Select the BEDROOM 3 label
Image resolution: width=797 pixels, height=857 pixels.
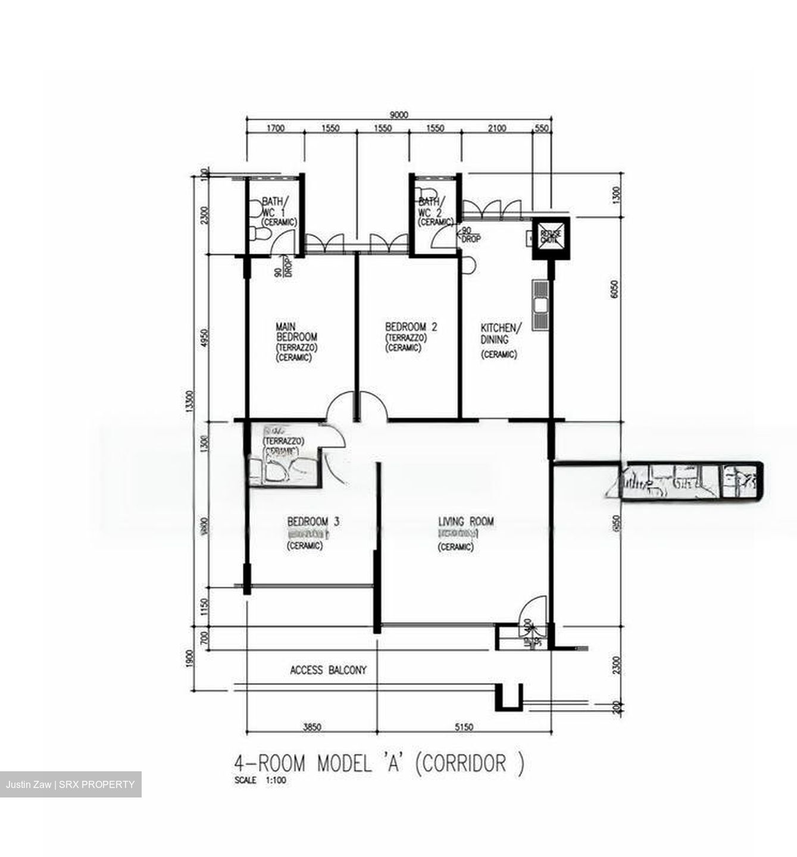pos(313,522)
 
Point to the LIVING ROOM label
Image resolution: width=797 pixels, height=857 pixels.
pos(465,522)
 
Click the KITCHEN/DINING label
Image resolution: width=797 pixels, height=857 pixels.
pos(501,333)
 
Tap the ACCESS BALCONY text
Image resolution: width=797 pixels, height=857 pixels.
pos(328,670)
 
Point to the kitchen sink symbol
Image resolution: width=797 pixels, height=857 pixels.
pos(540,305)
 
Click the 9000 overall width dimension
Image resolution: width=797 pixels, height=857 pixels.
pos(398,115)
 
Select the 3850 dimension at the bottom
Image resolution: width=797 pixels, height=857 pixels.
pos(312,727)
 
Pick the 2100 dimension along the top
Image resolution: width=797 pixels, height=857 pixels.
pos(497,128)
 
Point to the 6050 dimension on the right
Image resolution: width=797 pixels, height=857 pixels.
pos(615,292)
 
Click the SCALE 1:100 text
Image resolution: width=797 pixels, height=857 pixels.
pos(260,781)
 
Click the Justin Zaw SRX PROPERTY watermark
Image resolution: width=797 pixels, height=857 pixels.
pos(70,784)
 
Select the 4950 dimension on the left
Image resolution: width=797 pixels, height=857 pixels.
pos(205,338)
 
